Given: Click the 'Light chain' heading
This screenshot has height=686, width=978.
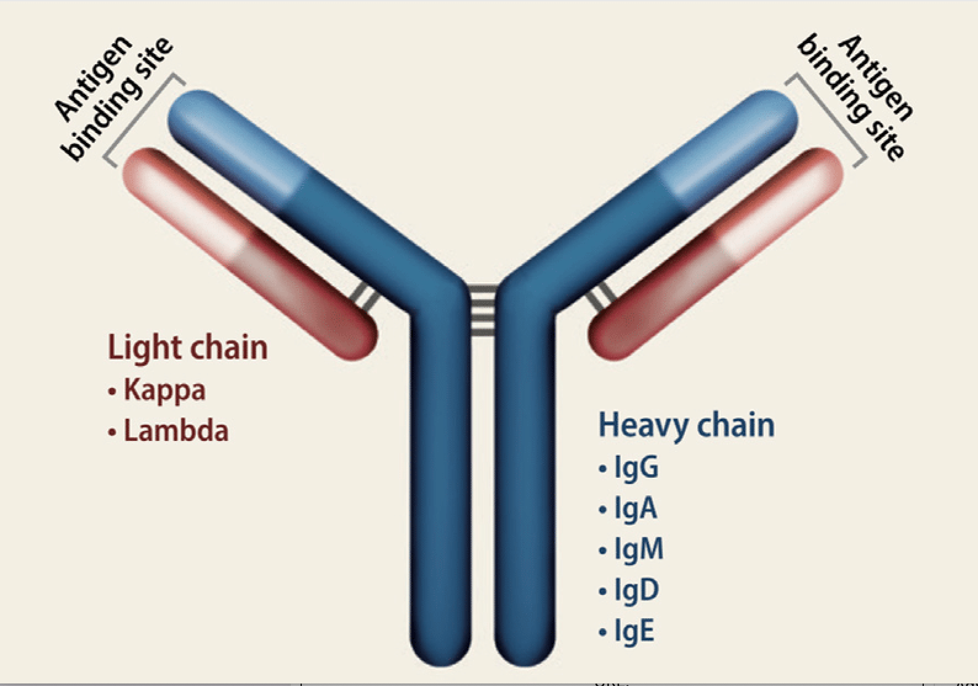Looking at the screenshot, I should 188,347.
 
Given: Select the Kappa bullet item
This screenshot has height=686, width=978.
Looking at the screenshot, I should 164,390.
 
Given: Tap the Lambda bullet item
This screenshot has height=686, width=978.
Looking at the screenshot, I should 176,430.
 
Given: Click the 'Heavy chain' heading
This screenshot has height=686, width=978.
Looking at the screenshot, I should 686,426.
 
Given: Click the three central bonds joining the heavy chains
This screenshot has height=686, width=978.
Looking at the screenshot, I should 483,311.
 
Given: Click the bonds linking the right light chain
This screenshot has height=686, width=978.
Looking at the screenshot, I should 600,298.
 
